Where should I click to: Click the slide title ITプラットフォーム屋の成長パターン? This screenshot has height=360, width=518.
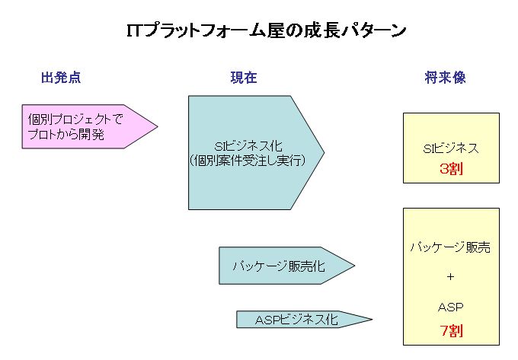267,30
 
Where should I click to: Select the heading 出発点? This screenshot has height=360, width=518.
61,78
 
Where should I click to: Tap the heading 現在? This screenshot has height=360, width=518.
244,78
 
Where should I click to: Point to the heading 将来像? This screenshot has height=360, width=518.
445,78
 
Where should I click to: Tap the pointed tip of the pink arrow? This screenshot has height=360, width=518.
158,126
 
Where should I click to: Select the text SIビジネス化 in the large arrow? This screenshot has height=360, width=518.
248,146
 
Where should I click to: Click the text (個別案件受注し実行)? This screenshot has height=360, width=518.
248,161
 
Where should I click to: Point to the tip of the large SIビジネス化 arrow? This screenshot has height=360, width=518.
324,152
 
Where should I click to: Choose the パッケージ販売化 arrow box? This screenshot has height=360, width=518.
286,266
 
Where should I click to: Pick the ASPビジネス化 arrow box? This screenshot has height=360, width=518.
304,319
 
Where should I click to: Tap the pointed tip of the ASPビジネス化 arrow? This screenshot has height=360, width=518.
373,319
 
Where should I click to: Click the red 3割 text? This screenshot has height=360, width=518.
451,169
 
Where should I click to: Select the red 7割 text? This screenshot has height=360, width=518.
451,330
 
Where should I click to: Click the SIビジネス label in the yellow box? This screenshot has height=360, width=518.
451,148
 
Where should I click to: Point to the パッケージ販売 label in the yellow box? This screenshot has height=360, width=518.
451,247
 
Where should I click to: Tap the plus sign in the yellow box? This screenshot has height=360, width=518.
451,276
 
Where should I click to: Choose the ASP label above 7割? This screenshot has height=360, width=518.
451,307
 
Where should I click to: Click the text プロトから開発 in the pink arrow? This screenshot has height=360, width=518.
66,134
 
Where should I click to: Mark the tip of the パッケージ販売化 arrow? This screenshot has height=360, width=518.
355,266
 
